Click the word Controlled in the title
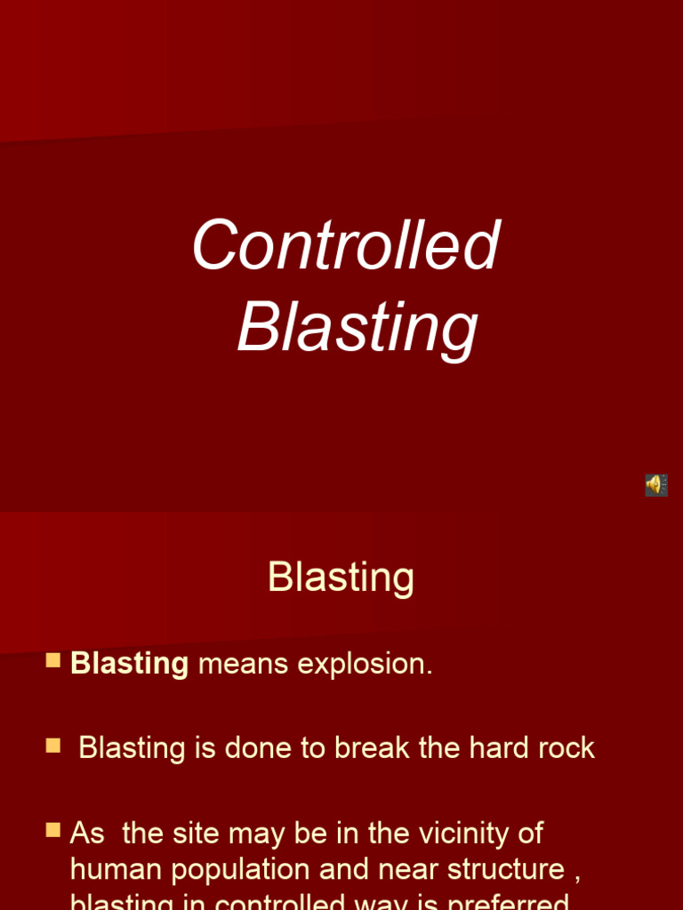(x=346, y=245)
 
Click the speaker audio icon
(x=655, y=485)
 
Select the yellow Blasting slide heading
(x=341, y=578)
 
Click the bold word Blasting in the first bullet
(x=129, y=664)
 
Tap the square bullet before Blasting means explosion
(x=53, y=660)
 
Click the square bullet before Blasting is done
(x=53, y=745)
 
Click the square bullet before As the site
(x=53, y=830)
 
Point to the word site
(x=193, y=834)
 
